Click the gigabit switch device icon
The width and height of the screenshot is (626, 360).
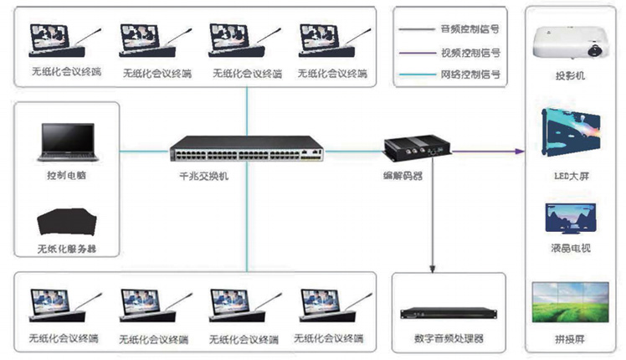pyautogui.click(x=246, y=150)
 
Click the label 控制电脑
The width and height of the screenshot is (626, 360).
pyautogui.click(x=64, y=177)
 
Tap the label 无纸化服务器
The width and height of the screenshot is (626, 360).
pyautogui.click(x=68, y=249)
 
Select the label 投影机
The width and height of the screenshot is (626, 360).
pyautogui.click(x=570, y=76)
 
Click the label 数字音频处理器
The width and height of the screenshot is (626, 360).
pyautogui.click(x=449, y=339)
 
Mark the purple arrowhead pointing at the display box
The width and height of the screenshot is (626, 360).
pyautogui.click(x=520, y=151)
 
